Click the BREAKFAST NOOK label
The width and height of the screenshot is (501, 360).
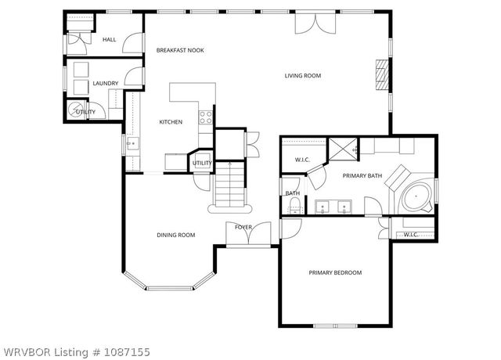click(x=179, y=50)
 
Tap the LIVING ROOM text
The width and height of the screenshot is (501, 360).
click(x=302, y=76)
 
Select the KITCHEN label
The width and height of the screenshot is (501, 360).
click(x=171, y=122)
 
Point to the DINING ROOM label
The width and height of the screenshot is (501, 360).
click(x=176, y=235)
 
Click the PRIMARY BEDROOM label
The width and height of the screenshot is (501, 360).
click(x=335, y=272)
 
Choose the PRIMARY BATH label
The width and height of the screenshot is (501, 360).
click(x=362, y=176)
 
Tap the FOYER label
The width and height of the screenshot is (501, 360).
click(x=243, y=227)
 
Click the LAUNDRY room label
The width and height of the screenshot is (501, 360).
click(x=105, y=83)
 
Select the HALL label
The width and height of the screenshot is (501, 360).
click(x=109, y=39)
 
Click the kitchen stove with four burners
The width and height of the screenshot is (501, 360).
click(x=207, y=118)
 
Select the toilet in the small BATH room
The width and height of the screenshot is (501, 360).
click(x=294, y=205)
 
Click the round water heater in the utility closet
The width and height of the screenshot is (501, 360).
click(x=77, y=111)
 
